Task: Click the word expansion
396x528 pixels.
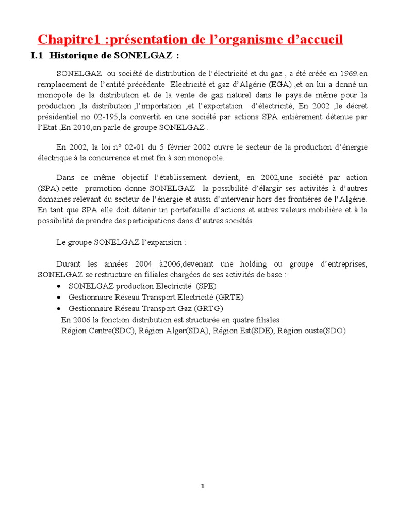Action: point(163,242)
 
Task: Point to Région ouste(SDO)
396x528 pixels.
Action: point(311,331)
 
